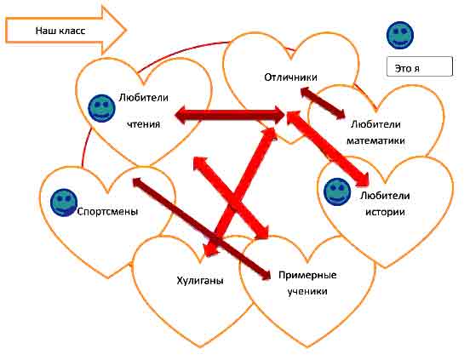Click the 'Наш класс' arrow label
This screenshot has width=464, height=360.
tap(60, 31)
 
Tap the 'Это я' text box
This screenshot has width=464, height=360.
tap(420, 67)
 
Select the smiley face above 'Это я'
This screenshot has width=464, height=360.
tap(400, 35)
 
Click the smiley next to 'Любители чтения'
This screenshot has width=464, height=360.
tap(102, 108)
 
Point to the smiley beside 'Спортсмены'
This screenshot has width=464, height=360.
tap(64, 203)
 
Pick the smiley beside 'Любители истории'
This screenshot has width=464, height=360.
tap(338, 191)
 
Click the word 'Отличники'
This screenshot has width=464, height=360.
tap(290, 77)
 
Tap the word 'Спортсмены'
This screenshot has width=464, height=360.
tap(107, 212)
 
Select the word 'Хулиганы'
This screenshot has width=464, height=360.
tap(200, 281)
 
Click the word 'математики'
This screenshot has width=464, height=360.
tap(375, 140)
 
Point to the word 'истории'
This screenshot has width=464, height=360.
tap(385, 212)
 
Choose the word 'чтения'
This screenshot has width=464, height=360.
tap(144, 124)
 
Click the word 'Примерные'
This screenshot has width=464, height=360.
tap(307, 276)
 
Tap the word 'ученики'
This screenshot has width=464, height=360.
tap(307, 291)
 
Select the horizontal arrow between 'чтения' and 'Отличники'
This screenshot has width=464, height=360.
tap(230, 116)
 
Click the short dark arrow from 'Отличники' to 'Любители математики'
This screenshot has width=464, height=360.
tap(323, 103)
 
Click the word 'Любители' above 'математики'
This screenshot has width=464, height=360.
tap(375, 124)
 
